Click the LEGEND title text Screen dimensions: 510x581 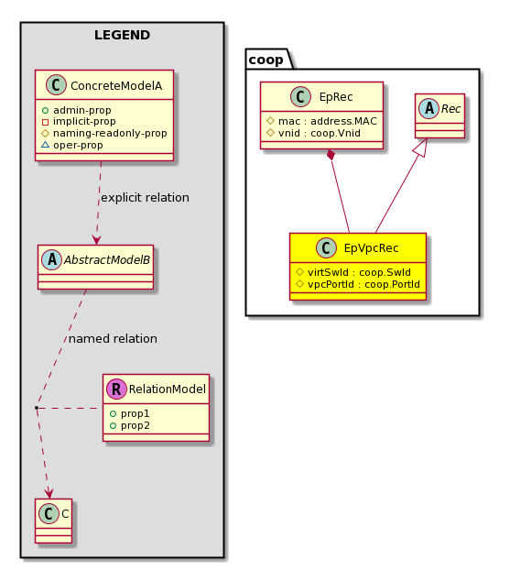pyautogui.click(x=122, y=35)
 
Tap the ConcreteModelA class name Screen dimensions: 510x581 pyautogui.click(x=116, y=85)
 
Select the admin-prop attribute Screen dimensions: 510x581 pyautogui.click(x=81, y=110)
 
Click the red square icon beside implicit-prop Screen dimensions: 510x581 pyautogui.click(x=45, y=122)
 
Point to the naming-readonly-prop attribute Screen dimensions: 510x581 pyautogui.click(x=110, y=133)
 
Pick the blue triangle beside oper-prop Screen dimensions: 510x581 pyautogui.click(x=45, y=145)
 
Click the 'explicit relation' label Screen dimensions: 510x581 pyautogui.click(x=145, y=198)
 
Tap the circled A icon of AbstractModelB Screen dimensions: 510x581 pyautogui.click(x=52, y=259)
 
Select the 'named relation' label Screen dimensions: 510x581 pyautogui.click(x=113, y=339)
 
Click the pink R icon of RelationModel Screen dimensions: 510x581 pyautogui.click(x=116, y=389)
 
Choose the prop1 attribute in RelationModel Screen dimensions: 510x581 pyautogui.click(x=135, y=413)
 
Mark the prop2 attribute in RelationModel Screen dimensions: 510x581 pyautogui.click(x=136, y=425)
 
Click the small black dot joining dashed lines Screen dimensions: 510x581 pyautogui.click(x=37, y=408)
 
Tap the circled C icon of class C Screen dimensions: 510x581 pyautogui.click(x=49, y=513)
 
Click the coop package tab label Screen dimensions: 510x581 pyautogui.click(x=266, y=60)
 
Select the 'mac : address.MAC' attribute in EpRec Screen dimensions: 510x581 pyautogui.click(x=328, y=121)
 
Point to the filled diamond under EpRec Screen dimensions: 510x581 pyautogui.click(x=331, y=155)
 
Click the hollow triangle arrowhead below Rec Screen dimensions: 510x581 pyautogui.click(x=422, y=148)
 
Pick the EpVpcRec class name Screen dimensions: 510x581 pyautogui.click(x=371, y=248)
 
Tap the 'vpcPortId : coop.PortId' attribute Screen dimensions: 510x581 pyautogui.click(x=364, y=284)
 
